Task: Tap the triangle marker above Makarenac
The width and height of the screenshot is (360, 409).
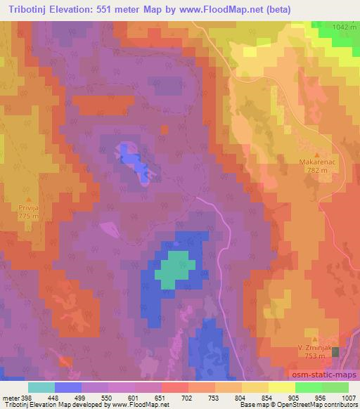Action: (x=316, y=154)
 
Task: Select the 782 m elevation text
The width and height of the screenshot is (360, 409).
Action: (x=316, y=169)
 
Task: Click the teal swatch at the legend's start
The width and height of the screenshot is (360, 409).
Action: (x=41, y=387)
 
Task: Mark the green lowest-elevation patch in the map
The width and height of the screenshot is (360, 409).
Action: (x=172, y=270)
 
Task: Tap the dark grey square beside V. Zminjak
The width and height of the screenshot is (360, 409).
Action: (x=336, y=351)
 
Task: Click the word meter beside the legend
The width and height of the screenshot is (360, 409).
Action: (x=11, y=398)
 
